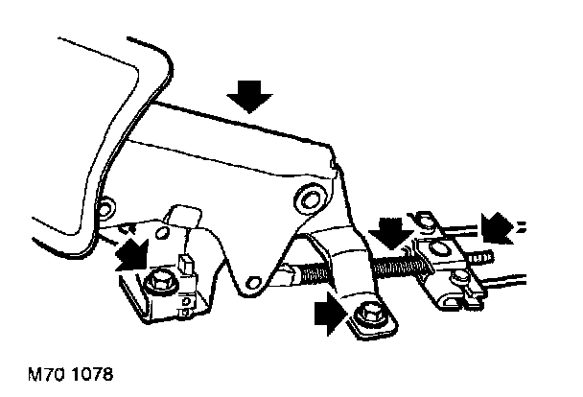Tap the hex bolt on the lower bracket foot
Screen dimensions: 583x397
(366, 315)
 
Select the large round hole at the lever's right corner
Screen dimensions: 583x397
(309, 198)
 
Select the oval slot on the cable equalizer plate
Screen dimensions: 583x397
(439, 250)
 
